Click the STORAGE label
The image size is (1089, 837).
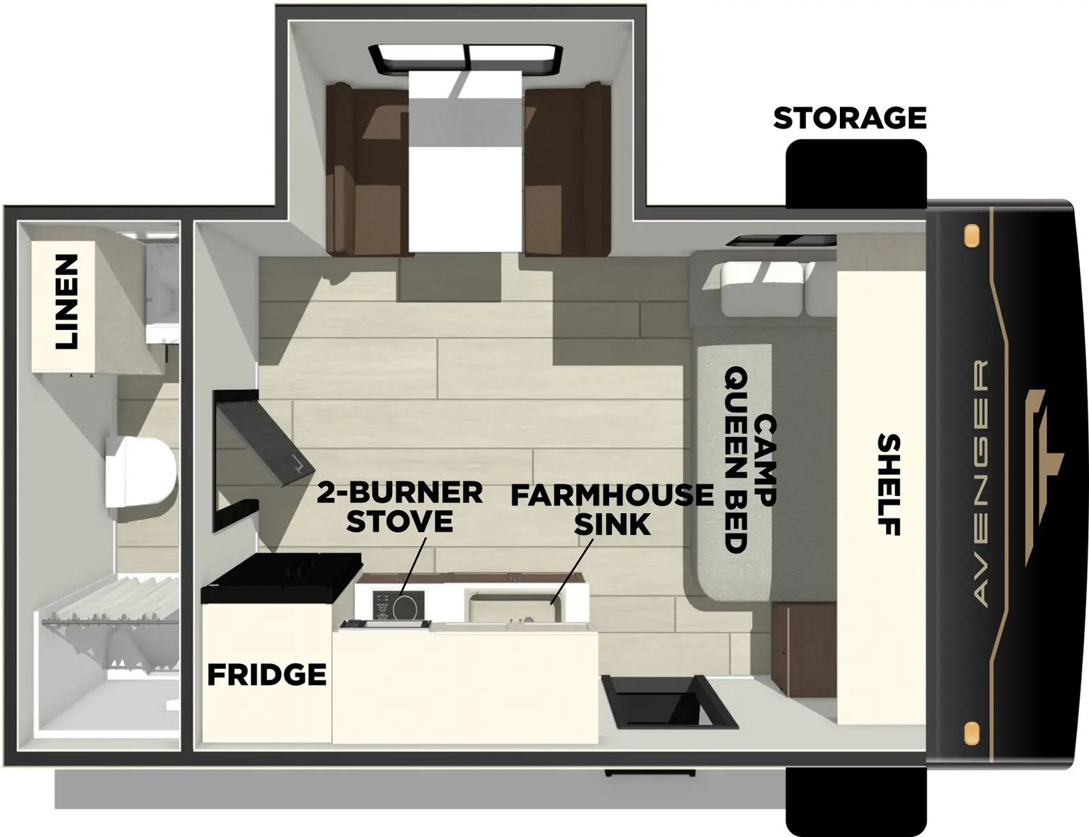[849, 118]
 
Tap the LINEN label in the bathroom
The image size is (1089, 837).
[67, 301]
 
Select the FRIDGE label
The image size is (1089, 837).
[266, 674]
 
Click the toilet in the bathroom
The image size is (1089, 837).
[140, 472]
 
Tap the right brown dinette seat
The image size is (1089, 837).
[565, 167]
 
